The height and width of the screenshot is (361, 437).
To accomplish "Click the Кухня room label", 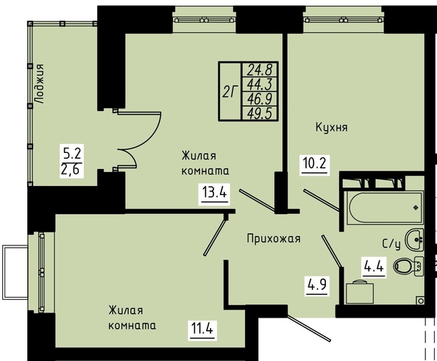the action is [x=332, y=128].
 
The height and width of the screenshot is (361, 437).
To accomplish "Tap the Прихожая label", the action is [x=274, y=239].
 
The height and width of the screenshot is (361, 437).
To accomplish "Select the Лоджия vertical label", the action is [x=40, y=84].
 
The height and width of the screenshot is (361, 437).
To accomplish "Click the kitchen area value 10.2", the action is [x=314, y=163].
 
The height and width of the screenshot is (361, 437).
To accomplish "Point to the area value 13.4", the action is [x=214, y=192].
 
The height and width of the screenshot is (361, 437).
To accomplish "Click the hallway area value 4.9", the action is [x=317, y=285].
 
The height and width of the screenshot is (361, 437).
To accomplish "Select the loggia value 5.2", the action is [x=72, y=153].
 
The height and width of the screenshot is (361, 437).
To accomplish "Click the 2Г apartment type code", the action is [x=230, y=92].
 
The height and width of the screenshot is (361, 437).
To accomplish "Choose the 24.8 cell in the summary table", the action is [x=260, y=70].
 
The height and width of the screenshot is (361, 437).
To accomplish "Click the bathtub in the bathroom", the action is [x=383, y=207].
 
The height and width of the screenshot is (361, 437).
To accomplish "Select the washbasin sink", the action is [x=414, y=239].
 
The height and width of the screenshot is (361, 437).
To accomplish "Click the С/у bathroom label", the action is [x=391, y=244].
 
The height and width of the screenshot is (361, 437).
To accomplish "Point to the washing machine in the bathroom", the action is [x=360, y=293].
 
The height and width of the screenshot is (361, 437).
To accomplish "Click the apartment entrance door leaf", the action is [x=309, y=328].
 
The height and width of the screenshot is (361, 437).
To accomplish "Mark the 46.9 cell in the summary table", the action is [x=260, y=99].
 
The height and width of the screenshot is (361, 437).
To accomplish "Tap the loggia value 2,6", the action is [x=72, y=170].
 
